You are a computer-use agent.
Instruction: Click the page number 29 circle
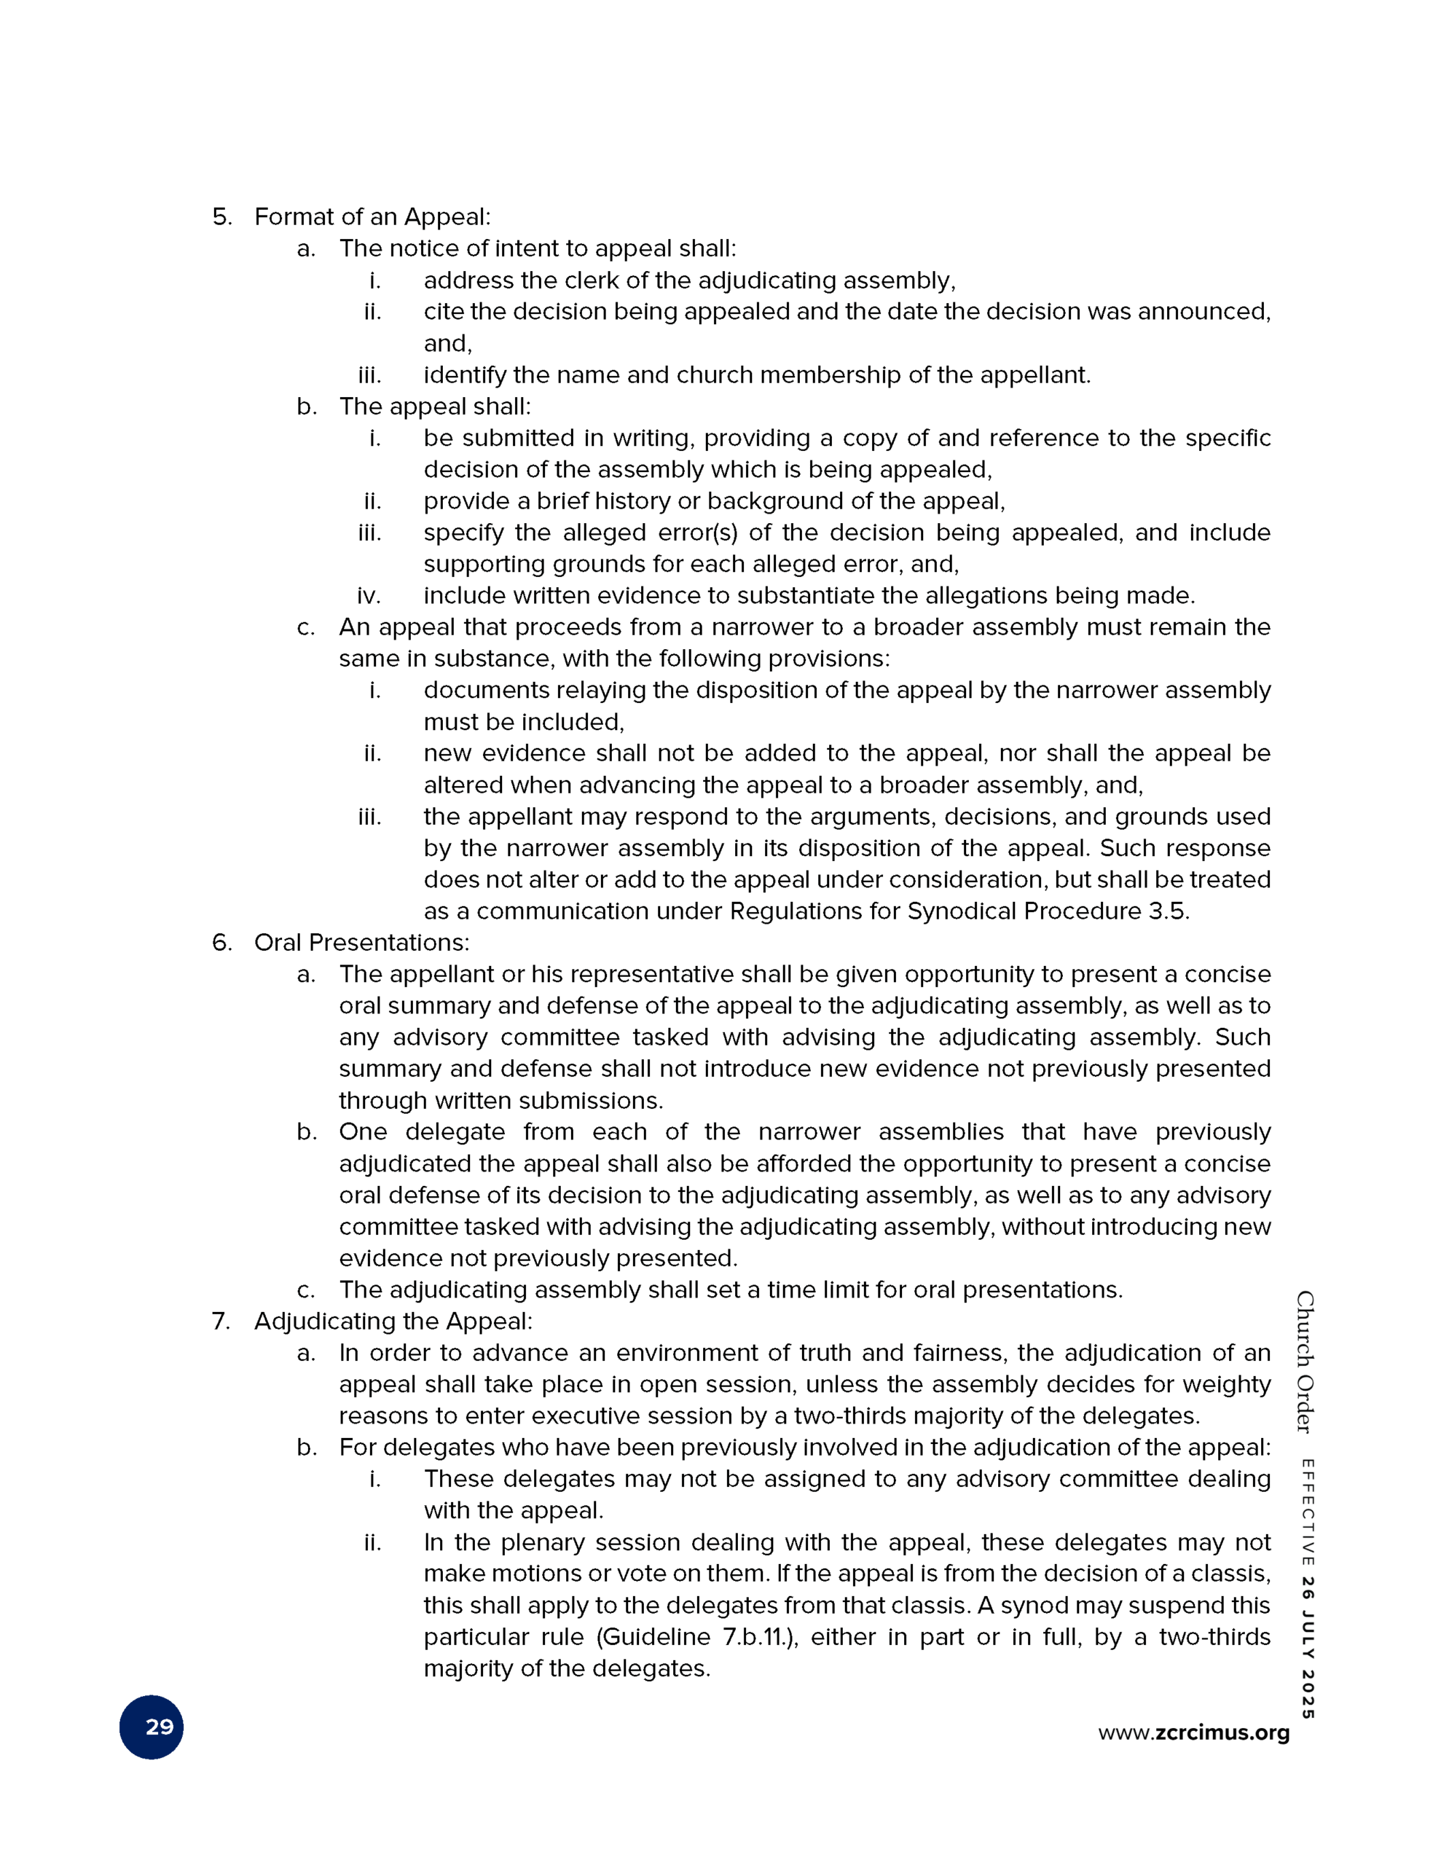point(152,1727)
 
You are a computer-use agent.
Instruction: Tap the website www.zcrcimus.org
point(1193,1732)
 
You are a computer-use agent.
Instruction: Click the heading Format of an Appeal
point(372,217)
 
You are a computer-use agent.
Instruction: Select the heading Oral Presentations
point(361,943)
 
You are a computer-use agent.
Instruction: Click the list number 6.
point(221,943)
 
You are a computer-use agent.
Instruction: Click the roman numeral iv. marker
point(369,595)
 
